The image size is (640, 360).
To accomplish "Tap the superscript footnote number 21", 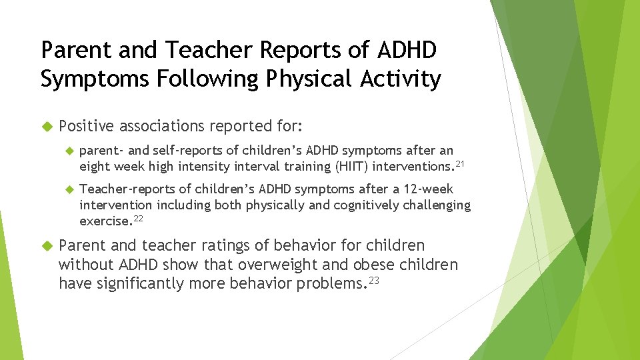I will click(460, 162).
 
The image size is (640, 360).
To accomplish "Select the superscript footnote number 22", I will click(139, 217).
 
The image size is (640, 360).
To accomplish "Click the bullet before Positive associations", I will click(47, 126).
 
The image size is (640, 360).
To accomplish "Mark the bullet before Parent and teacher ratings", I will click(47, 246).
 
